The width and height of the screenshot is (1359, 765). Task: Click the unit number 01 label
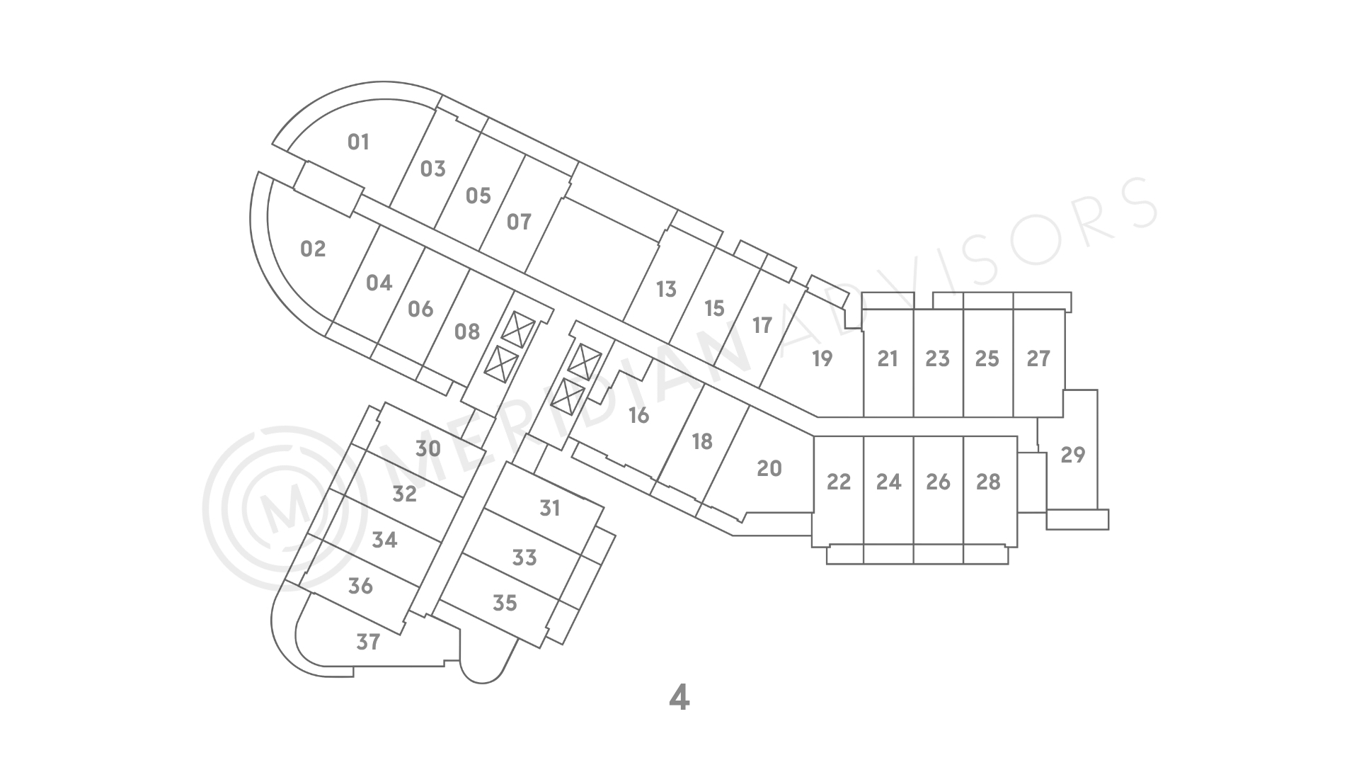[x=358, y=142]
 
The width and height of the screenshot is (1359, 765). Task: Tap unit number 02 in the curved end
[x=313, y=249]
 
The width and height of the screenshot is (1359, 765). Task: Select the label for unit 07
[x=519, y=222]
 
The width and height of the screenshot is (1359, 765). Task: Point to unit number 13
[x=666, y=289]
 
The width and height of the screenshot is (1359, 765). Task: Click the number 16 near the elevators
[x=638, y=415]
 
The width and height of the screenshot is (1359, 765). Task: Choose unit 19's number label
[x=822, y=358]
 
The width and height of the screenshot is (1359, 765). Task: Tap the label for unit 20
[x=769, y=468]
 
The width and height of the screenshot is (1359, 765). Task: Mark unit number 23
[x=937, y=358]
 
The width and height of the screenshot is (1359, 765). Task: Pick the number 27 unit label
[x=1038, y=358]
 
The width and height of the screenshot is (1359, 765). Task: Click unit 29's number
[x=1073, y=454]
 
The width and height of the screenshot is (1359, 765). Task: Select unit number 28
[x=988, y=482]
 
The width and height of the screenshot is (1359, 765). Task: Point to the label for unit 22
[x=839, y=482]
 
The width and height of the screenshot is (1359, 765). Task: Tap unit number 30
[x=428, y=448]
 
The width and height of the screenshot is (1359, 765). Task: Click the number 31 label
[x=550, y=508]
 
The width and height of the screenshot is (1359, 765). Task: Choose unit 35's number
[x=505, y=603]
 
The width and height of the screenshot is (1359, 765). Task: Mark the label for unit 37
[x=368, y=642]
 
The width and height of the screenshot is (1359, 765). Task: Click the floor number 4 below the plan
[x=679, y=698]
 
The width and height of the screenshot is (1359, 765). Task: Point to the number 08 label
[x=466, y=331]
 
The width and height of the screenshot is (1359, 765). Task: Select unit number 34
[x=384, y=540]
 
